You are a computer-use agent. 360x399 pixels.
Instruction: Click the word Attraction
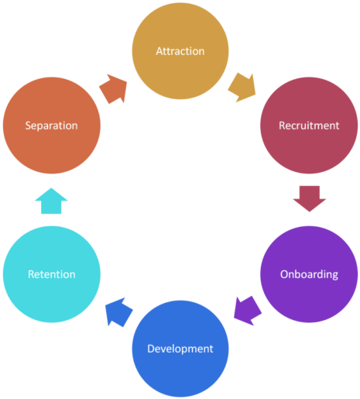tap(180, 51)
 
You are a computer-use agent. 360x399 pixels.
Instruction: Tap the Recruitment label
tap(309, 126)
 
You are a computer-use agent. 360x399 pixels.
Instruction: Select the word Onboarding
tap(309, 274)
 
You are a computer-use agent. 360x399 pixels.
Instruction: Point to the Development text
tap(180, 349)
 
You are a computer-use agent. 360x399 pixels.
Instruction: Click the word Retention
tap(52, 274)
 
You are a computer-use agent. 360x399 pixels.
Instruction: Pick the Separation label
tap(51, 126)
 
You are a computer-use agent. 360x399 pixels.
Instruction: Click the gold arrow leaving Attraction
tap(242, 88)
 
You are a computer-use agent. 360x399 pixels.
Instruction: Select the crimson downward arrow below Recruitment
tap(310, 198)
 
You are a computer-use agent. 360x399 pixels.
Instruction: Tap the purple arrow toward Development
tap(248, 311)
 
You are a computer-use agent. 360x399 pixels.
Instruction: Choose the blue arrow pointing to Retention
tap(118, 312)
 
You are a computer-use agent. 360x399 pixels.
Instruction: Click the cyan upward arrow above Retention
tap(51, 201)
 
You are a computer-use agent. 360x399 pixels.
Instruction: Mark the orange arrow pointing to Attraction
tap(113, 89)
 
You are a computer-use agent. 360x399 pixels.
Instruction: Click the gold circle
tap(180, 51)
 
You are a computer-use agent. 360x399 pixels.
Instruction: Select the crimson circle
tap(309, 126)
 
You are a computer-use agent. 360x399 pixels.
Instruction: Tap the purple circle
tap(309, 274)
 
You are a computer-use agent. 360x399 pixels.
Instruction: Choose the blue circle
tap(180, 349)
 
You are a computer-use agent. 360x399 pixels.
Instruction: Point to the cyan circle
tap(52, 274)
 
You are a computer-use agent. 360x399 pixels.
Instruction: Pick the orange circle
tap(52, 126)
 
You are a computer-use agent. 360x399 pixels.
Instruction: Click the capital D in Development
tap(151, 349)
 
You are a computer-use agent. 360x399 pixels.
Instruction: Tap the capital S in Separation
tap(28, 126)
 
